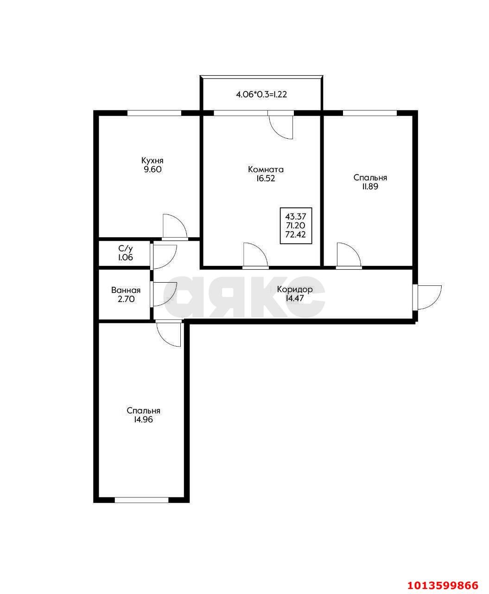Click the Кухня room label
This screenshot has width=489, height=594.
coord(152,161)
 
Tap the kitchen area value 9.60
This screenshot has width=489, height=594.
coord(152,169)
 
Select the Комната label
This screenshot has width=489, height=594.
coord(266,169)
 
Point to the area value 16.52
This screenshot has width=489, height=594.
coord(266,179)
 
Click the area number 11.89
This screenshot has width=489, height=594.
coord(370,187)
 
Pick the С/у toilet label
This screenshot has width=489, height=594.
coord(126,249)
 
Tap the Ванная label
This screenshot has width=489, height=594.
coord(126,290)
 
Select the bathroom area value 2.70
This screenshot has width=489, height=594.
coord(126,299)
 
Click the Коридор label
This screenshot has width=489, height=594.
coord(295,289)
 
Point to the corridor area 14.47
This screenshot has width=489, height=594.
coord(295,298)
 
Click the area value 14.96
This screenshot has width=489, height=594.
coord(144,420)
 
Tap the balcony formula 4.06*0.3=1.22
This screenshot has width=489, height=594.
coord(261,95)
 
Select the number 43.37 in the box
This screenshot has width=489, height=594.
coord(296,217)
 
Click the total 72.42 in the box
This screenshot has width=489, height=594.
coord(296,235)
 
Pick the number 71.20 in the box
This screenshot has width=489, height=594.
coord(296,226)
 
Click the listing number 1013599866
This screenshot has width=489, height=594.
coord(443,583)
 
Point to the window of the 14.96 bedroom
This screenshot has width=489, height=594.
coord(141,500)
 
